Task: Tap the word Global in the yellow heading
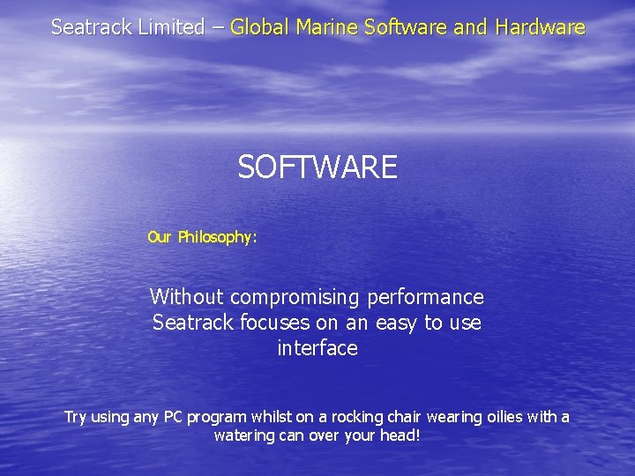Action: coord(259,27)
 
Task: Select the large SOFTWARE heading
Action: coord(317,167)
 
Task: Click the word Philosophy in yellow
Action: coord(217,237)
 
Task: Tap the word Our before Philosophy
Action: coord(160,237)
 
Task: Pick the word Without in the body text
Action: coord(187,297)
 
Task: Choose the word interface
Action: coord(317,348)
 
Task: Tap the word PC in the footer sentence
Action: coord(173,417)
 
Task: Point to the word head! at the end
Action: coord(400,435)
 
